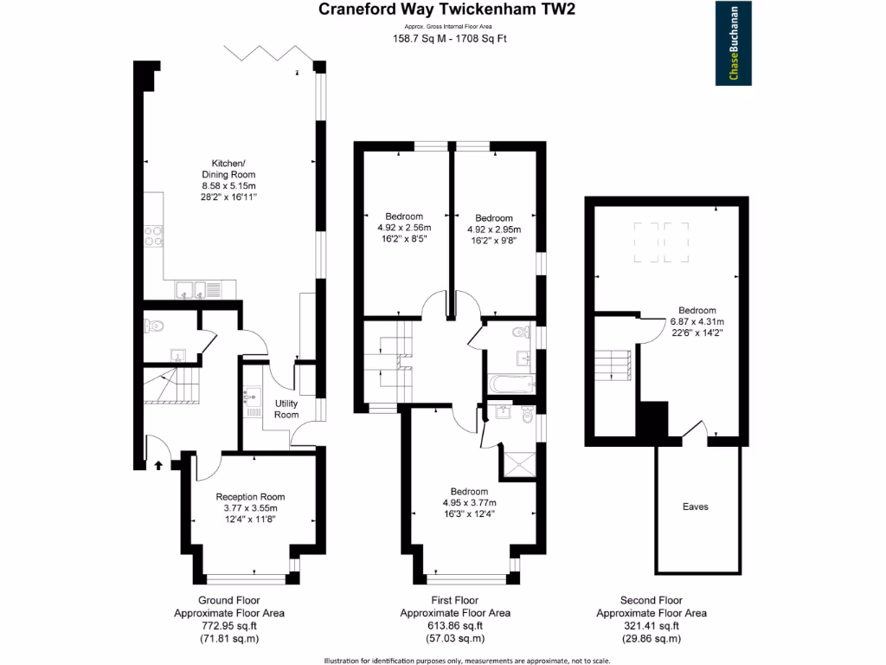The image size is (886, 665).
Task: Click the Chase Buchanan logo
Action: (735, 44)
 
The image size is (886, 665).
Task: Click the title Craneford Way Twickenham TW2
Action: (446, 10)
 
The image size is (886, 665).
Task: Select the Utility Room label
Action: (286, 409)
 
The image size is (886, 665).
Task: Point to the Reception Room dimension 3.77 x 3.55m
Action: (250, 508)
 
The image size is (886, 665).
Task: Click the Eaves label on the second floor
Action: (695, 507)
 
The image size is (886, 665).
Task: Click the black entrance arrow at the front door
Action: (158, 465)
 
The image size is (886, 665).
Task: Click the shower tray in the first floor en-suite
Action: (519, 464)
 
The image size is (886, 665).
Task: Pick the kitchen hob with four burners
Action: (153, 236)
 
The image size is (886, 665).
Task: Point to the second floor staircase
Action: (614, 362)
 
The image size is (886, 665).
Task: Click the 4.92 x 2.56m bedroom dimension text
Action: (404, 227)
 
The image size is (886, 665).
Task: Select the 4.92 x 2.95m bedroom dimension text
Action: (494, 229)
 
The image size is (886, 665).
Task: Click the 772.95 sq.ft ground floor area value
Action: (228, 626)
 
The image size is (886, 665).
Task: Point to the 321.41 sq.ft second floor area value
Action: (652, 626)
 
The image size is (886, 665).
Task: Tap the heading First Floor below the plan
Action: (454, 600)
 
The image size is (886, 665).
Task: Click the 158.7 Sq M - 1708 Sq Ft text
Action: (446, 39)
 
